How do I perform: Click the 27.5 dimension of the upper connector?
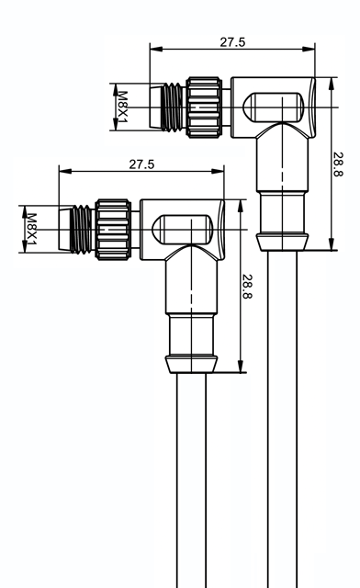pyautogui.click(x=232, y=42)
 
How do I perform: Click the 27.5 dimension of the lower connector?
pyautogui.click(x=141, y=164)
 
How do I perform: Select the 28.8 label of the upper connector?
pyautogui.click(x=338, y=164)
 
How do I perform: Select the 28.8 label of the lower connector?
pyautogui.click(x=247, y=287)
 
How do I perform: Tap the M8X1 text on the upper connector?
pyautogui.click(x=123, y=107)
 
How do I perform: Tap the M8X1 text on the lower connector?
pyautogui.click(x=31, y=230)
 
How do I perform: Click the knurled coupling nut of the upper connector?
pyautogui.click(x=204, y=107)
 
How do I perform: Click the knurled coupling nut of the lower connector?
pyautogui.click(x=113, y=230)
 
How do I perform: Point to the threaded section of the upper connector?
pyautogui.click(x=174, y=107)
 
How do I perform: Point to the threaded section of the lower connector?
pyautogui.click(x=83, y=230)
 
